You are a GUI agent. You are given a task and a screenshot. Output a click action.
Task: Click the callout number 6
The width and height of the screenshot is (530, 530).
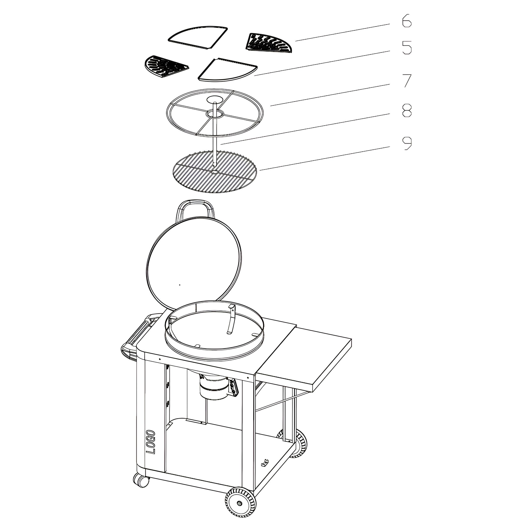click(x=407, y=21)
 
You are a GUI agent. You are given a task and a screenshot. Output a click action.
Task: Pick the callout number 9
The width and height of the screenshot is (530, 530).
click(x=407, y=143)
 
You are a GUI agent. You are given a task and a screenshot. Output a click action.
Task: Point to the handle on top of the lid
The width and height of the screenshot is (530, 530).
click(x=195, y=210)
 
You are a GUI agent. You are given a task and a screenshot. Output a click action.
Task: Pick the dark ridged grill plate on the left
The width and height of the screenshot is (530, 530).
click(x=165, y=66)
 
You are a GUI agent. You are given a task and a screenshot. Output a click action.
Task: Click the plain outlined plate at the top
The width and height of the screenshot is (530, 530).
click(x=198, y=38)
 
